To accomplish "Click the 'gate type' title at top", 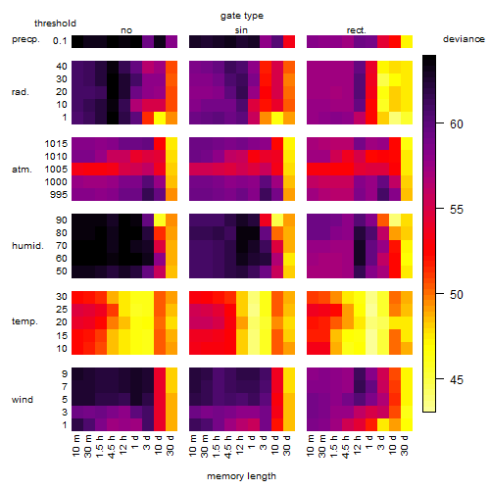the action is point(242,16).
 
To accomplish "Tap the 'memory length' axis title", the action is point(242,476).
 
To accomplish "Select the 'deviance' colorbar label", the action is point(464,39).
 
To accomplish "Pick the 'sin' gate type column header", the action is point(241,30).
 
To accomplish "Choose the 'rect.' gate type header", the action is point(357,30).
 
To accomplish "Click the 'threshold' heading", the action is point(55,24).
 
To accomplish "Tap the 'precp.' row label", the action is point(25,39).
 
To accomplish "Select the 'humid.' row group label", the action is point(27,246).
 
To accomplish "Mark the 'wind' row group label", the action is point(23,400).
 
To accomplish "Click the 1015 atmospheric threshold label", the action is point(56,144).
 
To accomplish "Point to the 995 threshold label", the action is point(59,195).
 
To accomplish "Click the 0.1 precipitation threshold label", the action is point(60,41).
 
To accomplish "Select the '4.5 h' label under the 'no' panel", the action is point(111,447).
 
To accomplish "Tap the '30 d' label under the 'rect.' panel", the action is point(405,446).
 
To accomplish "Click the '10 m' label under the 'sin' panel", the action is point(193,446).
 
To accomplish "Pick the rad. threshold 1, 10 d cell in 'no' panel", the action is point(160,118).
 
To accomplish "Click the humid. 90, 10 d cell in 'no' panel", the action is point(160,220).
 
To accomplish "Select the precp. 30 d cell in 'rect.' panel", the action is point(407,42).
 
